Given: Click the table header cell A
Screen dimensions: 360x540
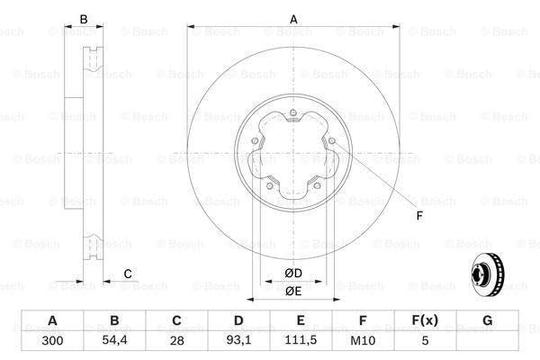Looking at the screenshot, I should pos(52,320).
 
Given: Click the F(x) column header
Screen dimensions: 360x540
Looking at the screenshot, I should pos(425,320).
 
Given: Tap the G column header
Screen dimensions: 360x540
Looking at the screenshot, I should pos(487,320).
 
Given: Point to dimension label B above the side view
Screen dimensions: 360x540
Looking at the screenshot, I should pos(84,19).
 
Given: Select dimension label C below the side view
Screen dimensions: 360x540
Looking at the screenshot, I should pos(128,274).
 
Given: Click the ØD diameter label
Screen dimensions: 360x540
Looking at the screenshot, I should pos(293,273).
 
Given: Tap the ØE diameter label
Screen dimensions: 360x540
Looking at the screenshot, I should pos(293,291).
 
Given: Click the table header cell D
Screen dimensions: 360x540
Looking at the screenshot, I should pos(238,320).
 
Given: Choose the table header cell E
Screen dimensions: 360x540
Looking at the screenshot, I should pos(301,320).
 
